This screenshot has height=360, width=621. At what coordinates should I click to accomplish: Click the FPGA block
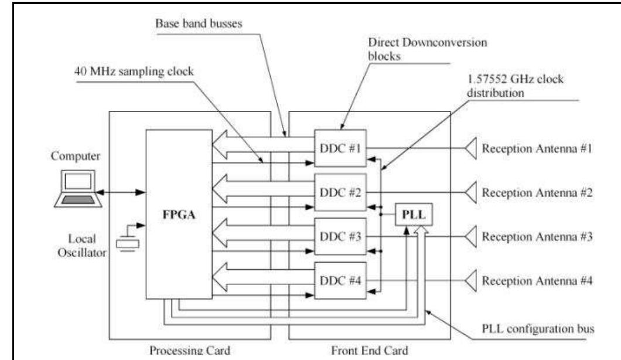179,214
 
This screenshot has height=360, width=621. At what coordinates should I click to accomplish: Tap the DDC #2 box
340,192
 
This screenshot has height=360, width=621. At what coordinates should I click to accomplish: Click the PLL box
414,215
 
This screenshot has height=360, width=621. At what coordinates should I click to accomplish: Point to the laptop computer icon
78,191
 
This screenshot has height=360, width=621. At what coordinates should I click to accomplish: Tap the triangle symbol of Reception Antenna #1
472,148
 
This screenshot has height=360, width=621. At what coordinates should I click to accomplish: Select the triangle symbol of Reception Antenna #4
472,280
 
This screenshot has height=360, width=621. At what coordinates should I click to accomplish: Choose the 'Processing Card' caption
189,354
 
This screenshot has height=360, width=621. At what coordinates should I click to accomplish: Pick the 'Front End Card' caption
370,354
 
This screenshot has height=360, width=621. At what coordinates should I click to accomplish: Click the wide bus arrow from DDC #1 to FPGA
264,139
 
